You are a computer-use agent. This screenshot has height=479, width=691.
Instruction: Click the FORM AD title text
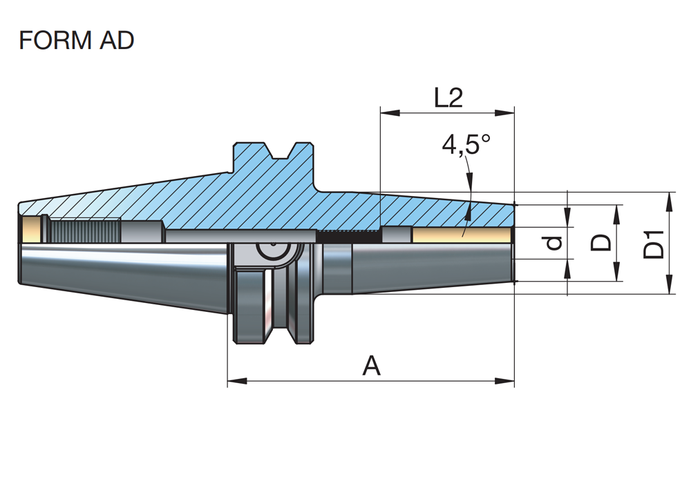(x=76, y=41)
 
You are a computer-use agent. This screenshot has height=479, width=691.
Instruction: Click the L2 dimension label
(x=448, y=99)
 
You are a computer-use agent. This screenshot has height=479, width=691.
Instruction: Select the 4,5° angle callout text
(x=466, y=145)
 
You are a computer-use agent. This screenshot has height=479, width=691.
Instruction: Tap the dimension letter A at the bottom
(x=372, y=366)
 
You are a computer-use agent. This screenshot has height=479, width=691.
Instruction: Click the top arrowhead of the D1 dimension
(x=669, y=197)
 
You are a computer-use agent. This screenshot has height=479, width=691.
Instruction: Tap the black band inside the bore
(x=349, y=236)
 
